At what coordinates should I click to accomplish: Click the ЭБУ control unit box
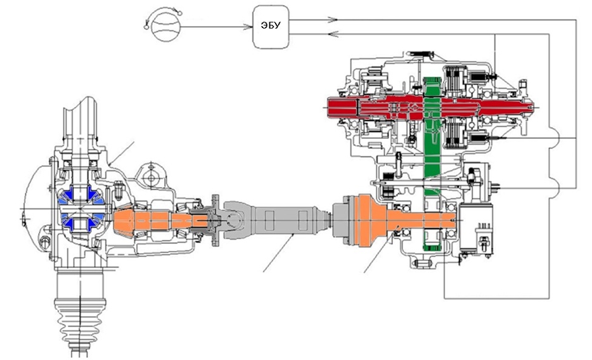pos(271,27)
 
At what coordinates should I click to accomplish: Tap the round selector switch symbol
pos(165,26)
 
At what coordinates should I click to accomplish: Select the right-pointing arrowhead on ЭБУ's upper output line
pos(332,20)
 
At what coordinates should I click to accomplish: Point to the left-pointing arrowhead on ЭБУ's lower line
pos(333,34)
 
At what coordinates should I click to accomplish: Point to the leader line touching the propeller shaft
pos(279,252)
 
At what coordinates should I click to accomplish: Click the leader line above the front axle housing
pos(122,153)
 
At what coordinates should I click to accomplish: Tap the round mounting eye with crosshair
pos(151,177)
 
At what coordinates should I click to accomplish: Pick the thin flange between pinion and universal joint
pos(216,220)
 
